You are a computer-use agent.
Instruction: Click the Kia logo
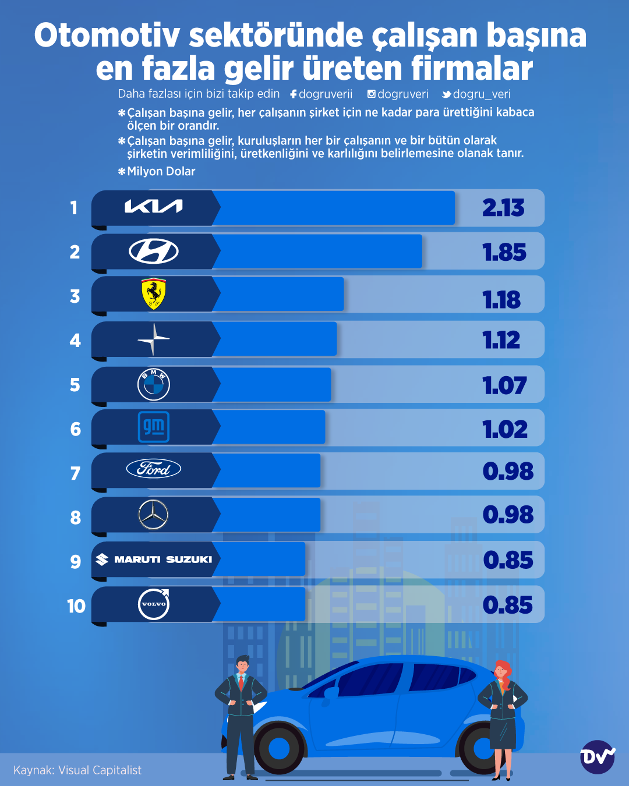tap(154, 207)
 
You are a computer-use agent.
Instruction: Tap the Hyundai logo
tap(154, 252)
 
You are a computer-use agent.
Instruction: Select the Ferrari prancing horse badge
tap(154, 294)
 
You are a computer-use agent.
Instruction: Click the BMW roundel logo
tap(154, 384)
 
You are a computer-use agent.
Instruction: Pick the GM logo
tap(154, 427)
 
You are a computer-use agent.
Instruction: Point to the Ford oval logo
tap(154, 469)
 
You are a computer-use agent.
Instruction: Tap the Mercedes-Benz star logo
tap(153, 515)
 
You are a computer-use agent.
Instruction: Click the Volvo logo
tap(154, 604)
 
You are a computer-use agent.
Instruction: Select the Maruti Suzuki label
tap(154, 560)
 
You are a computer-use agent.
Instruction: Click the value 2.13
tap(503, 208)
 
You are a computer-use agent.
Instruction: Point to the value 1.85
tap(504, 253)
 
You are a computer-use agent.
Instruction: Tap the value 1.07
tap(504, 385)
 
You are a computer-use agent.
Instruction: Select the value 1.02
tap(505, 430)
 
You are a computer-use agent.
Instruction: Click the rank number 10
tap(76, 606)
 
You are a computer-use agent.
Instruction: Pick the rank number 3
tap(75, 296)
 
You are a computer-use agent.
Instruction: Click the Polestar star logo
tap(154, 339)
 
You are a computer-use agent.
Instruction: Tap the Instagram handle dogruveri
tap(398, 94)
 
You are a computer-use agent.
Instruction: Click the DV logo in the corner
tap(598, 757)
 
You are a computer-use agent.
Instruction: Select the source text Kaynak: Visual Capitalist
tap(77, 770)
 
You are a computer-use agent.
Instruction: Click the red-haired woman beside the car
tap(503, 716)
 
